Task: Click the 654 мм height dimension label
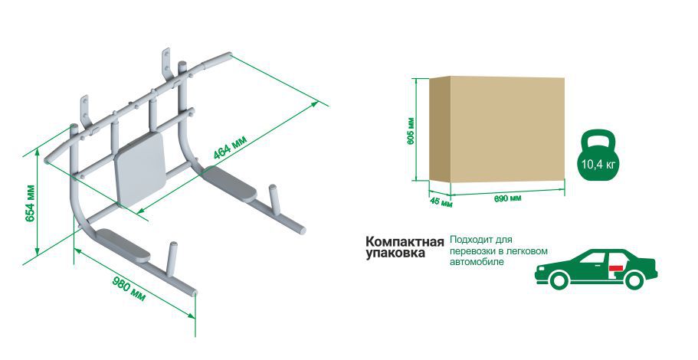31,205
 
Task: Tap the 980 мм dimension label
129,290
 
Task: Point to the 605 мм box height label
411,130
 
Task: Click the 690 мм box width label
507,198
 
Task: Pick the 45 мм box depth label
441,202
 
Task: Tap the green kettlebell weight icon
598,155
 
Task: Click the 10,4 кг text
598,164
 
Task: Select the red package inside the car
616,268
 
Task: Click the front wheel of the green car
559,280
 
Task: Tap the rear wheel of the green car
634,280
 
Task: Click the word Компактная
405,242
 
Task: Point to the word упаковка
395,254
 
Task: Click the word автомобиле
477,262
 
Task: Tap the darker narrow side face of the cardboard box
440,129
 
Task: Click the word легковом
527,251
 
